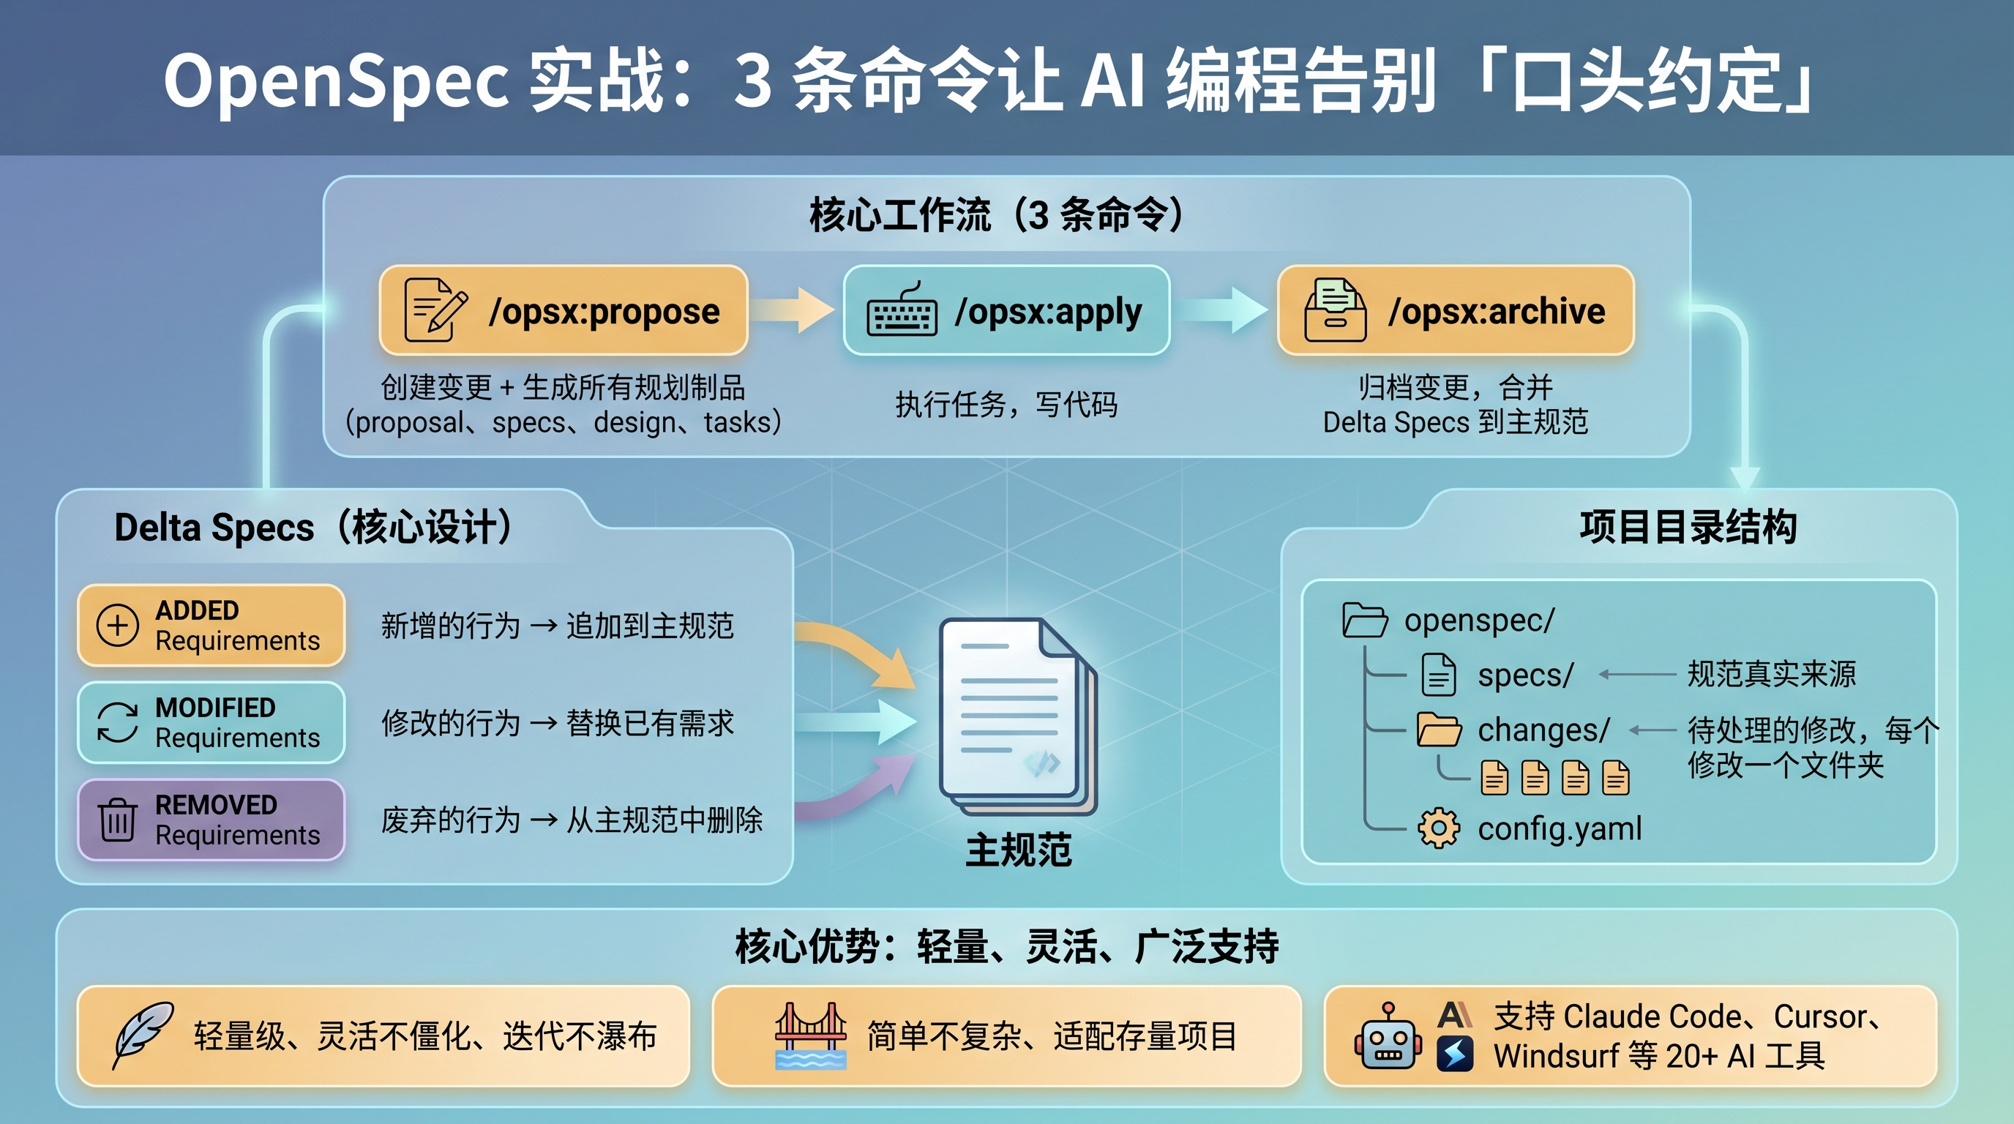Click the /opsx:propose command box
click(x=563, y=310)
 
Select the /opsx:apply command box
click(x=1006, y=310)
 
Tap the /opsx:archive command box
click(x=1455, y=310)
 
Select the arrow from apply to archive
click(x=1224, y=310)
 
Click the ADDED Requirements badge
click(x=211, y=626)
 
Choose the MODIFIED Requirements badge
click(x=211, y=722)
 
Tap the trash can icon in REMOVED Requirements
click(x=117, y=819)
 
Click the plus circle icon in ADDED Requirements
click(x=117, y=626)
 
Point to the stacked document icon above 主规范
click(x=1017, y=715)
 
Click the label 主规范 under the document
click(x=1018, y=850)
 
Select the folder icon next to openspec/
click(x=1364, y=621)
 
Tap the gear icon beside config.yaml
click(x=1439, y=828)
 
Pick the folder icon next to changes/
click(x=1439, y=730)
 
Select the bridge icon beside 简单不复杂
click(x=810, y=1035)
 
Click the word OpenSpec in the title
click(x=336, y=80)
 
